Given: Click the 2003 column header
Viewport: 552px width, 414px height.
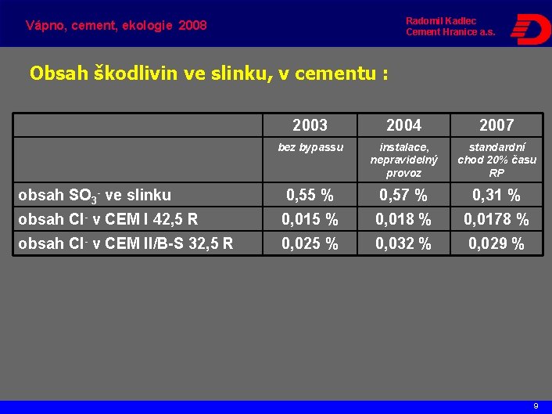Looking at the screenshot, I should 310,125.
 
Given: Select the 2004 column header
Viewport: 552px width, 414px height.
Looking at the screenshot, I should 403,125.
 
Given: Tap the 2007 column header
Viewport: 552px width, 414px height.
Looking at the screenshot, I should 496,125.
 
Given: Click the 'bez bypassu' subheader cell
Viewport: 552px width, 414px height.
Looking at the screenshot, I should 310,147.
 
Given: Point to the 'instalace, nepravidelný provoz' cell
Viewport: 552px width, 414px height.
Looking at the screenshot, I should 403,160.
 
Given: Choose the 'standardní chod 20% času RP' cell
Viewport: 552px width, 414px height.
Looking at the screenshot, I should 496,160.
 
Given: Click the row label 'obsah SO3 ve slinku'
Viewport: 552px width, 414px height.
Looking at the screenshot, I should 95,195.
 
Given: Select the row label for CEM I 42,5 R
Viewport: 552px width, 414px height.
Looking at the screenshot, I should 108,219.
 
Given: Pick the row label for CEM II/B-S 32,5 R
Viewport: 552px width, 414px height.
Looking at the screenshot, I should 125,243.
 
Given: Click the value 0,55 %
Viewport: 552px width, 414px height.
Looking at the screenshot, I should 310,196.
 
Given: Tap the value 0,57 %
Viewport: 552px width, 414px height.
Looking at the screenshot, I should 403,196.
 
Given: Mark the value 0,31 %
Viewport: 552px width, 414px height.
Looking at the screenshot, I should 496,196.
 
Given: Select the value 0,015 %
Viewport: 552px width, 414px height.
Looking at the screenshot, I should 310,220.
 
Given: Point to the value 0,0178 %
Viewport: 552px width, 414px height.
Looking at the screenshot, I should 496,220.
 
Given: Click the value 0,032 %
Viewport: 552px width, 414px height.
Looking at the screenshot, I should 403,244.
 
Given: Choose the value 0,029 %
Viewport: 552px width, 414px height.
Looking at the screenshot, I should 496,244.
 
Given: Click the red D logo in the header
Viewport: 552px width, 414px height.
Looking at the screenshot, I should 529,29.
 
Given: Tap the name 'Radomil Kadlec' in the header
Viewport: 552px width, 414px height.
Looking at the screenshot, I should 441,20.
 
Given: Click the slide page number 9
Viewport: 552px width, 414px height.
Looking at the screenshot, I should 536,406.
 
